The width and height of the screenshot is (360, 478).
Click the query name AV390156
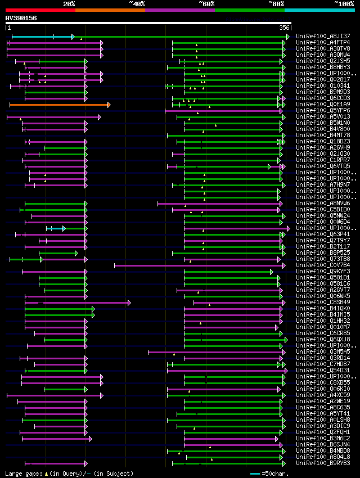21,18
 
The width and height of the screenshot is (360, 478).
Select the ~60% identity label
206,4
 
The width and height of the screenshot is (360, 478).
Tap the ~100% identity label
344,4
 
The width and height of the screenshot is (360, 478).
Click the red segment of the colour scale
40,10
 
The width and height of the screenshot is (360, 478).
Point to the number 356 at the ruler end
285,27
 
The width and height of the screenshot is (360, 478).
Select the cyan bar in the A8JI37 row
42,37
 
